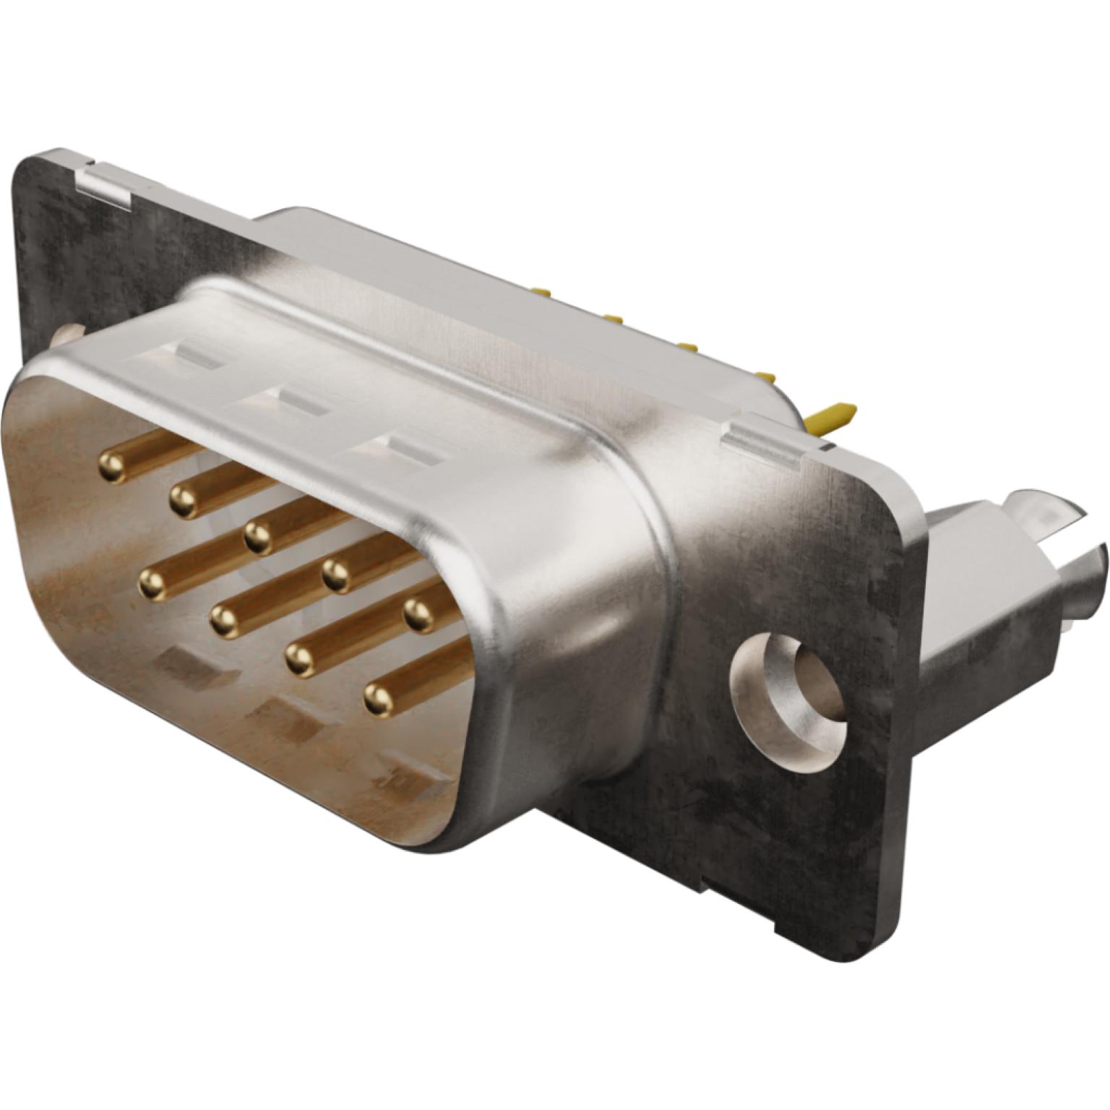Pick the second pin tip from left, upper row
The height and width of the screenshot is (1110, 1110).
pos(184,499)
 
